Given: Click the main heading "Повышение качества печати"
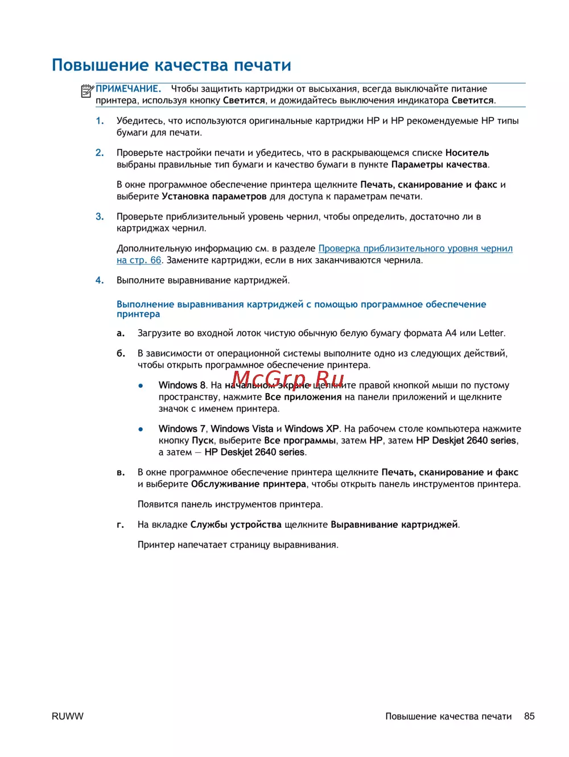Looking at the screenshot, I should click(171, 65).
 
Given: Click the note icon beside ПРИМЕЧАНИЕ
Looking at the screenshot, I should click(87, 90).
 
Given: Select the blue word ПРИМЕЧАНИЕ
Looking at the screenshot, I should click(128, 89).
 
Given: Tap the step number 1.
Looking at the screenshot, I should click(100, 121).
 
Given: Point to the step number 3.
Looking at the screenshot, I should click(100, 217).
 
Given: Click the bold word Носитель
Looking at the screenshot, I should click(467, 152).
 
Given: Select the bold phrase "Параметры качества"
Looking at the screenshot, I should click(439, 164).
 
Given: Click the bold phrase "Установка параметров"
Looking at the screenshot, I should click(214, 196).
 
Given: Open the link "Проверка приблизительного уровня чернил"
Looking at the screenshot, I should click(415, 249).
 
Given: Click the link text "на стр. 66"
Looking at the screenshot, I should click(139, 260).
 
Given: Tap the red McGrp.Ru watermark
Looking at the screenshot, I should click(288, 379).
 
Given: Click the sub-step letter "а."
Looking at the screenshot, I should click(121, 333).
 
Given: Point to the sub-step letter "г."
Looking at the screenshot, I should click(121, 525).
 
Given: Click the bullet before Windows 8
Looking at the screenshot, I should click(141, 386).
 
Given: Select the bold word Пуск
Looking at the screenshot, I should click(203, 440).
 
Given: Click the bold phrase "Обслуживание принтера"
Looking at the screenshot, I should click(248, 484).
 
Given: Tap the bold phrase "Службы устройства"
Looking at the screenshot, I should click(236, 524).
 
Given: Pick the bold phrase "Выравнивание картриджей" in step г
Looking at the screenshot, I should click(394, 524).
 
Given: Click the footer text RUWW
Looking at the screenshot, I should click(67, 717).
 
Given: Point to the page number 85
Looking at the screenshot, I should click(529, 717).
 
